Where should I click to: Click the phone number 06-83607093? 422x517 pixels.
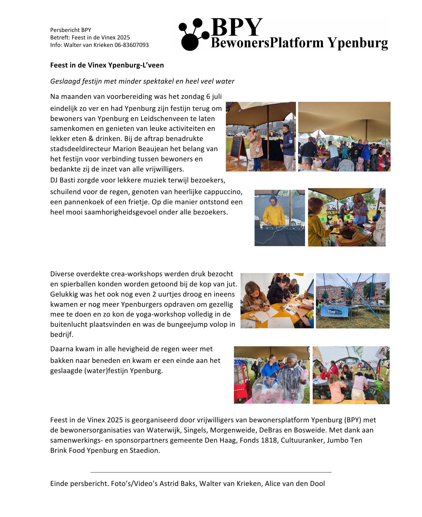click(131, 45)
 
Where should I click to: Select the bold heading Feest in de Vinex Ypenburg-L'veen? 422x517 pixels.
click(107, 65)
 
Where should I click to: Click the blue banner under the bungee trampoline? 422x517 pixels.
click(334, 312)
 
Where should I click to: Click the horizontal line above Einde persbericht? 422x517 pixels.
click(211, 472)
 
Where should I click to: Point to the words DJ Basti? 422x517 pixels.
click(62, 180)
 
